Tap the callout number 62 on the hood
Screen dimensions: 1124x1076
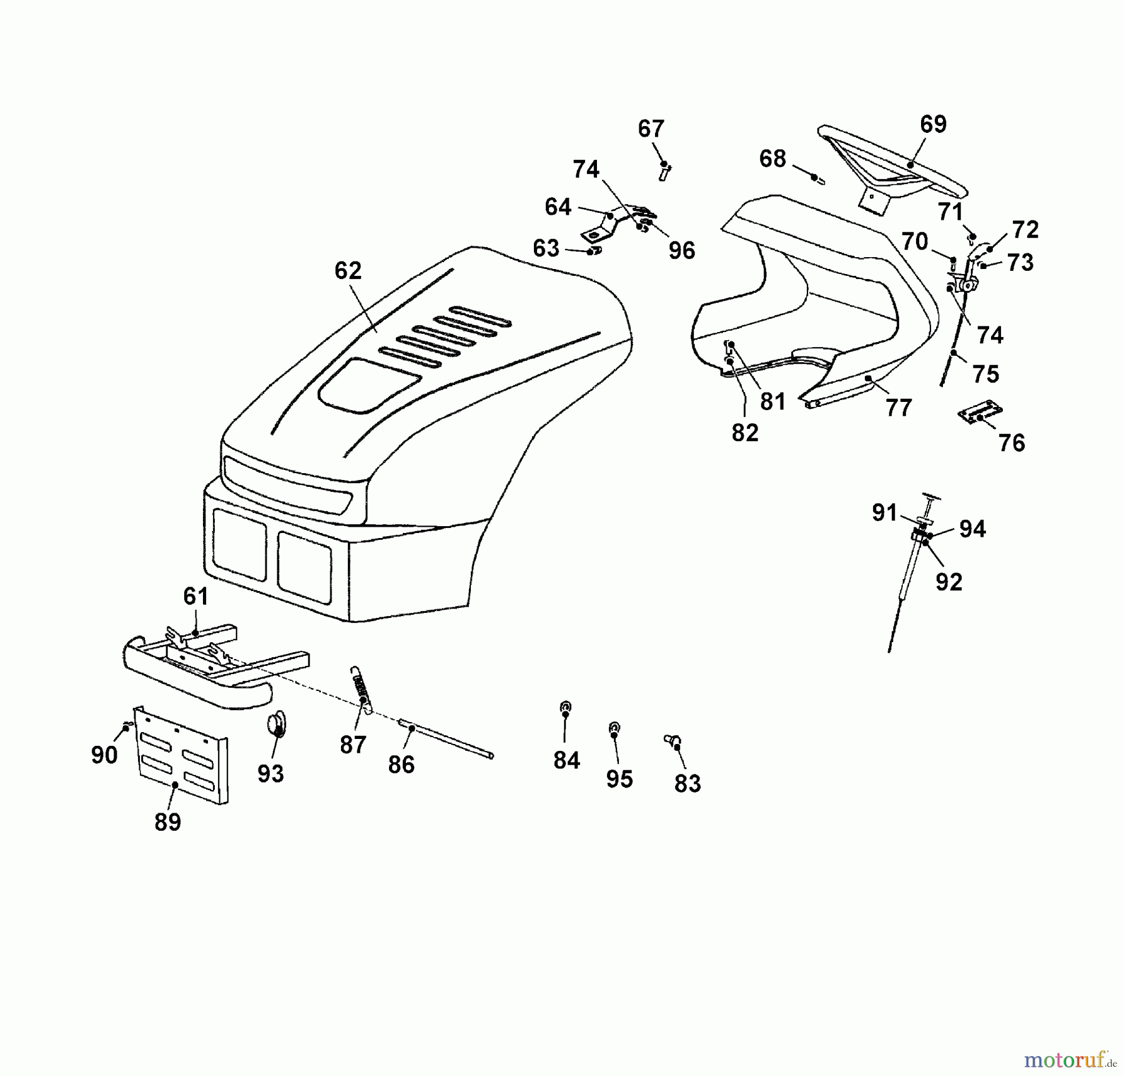pos(348,271)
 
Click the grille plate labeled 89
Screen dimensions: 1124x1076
pos(181,755)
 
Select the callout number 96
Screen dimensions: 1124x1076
pos(681,251)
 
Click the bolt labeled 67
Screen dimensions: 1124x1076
pos(664,171)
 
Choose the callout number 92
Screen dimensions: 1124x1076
pos(949,582)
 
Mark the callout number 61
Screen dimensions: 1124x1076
pos(195,597)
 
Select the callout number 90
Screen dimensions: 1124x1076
pos(104,755)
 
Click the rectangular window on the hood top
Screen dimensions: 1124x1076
pos(368,385)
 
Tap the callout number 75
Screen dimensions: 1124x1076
pos(985,374)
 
